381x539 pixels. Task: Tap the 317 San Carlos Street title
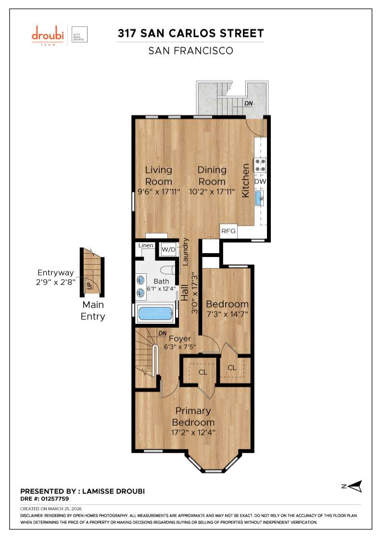coord(191,33)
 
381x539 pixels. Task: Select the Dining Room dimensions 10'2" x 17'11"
coord(212,192)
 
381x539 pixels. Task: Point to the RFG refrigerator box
coord(229,231)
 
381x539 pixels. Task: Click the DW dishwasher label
coord(260,181)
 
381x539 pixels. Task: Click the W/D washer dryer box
coord(168,249)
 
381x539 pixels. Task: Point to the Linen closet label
coord(146,245)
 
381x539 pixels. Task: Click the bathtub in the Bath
coord(155,314)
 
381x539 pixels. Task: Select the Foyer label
coord(180,339)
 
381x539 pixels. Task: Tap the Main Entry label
coord(93,310)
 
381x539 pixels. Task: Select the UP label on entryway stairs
coord(89,285)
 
